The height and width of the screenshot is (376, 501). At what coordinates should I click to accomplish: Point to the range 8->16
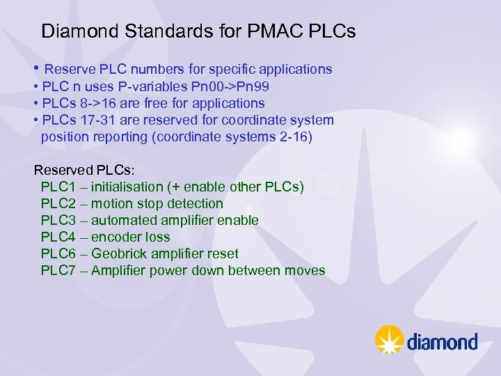click(100, 103)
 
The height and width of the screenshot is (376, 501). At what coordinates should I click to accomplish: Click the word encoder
click(116, 237)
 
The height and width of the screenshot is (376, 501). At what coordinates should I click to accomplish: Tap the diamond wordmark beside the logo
click(442, 342)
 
